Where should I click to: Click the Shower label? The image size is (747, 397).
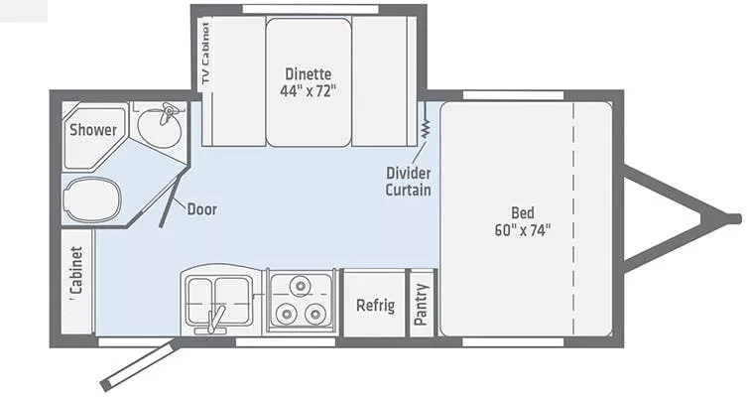93,130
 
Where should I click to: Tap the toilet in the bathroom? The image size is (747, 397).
89,199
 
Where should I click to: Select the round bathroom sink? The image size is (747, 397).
159,126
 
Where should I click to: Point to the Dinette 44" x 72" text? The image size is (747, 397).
308,81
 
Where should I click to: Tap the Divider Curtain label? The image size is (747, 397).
408,182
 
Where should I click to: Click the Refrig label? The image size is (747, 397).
375,305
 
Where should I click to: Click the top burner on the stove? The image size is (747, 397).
302,288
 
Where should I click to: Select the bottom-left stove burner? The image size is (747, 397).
289,315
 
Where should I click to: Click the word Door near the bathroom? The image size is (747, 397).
200,209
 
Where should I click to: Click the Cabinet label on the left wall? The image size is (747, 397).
76,271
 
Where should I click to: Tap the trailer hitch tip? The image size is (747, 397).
735,218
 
